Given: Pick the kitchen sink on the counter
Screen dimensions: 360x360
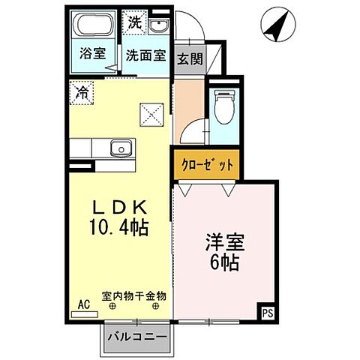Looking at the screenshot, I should pos(120,148).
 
